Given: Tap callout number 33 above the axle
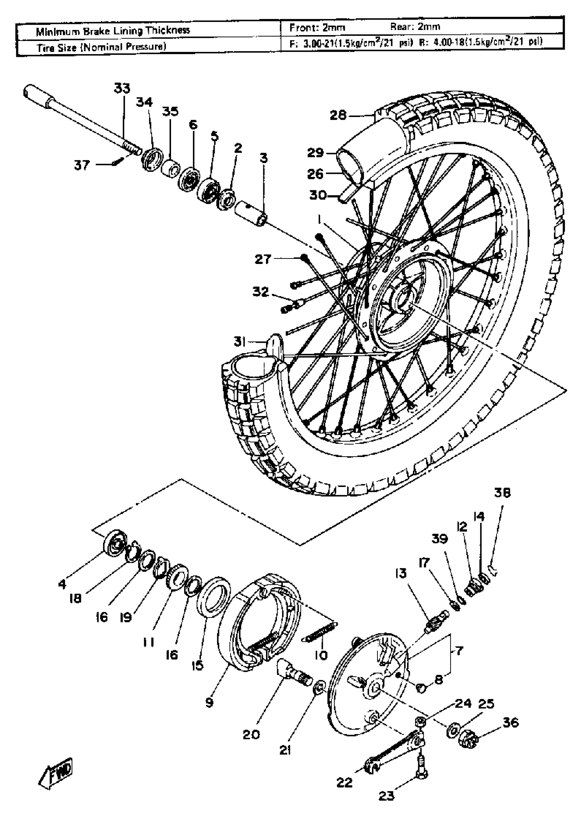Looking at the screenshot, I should click(122, 88).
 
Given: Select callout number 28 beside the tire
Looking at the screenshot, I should click(338, 116).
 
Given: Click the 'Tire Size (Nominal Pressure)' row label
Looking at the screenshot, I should click(101, 47).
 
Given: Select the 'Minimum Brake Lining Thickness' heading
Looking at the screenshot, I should click(113, 31).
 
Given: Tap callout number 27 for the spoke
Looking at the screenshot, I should click(263, 259).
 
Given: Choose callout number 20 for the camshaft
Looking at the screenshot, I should click(251, 734).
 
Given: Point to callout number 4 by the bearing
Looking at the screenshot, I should click(62, 584).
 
